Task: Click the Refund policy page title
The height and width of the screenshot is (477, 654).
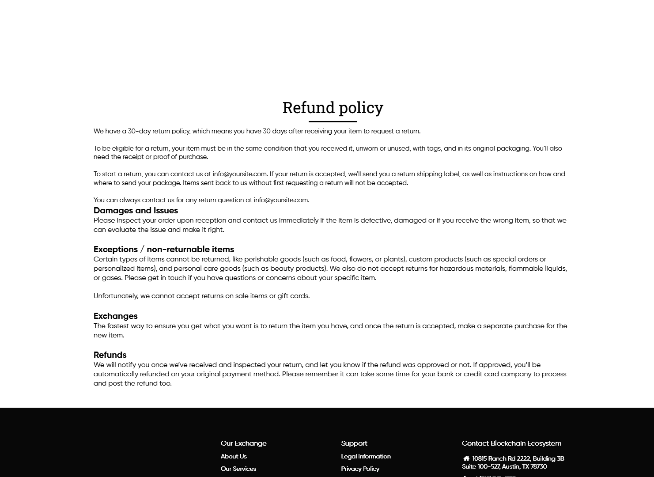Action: pos(333,108)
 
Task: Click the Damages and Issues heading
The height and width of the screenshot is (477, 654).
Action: pos(136,211)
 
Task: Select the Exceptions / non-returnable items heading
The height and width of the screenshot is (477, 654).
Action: pos(163,250)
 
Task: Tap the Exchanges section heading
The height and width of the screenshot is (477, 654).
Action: pos(115,316)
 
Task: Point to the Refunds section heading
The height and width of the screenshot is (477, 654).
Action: pos(110,355)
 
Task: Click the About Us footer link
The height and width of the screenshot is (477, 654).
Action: pos(234,457)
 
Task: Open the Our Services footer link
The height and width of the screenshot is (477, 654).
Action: pos(238,469)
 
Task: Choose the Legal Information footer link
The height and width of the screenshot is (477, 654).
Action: pos(366,457)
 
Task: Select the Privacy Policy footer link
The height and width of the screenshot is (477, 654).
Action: pos(360,469)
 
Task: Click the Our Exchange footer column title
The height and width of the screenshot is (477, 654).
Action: pos(243,443)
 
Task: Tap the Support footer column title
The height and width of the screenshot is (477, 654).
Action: pos(354,443)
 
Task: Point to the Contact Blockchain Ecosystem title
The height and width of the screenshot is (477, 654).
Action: pos(511,443)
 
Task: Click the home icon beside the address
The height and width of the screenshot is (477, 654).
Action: pos(466,458)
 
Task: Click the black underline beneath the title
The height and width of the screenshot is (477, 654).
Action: pos(333,121)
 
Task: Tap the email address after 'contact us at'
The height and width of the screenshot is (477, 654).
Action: pos(239,174)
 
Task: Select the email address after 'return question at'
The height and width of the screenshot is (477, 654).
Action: pos(280,200)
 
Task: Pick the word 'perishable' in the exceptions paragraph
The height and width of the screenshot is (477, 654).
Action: pos(261,259)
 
